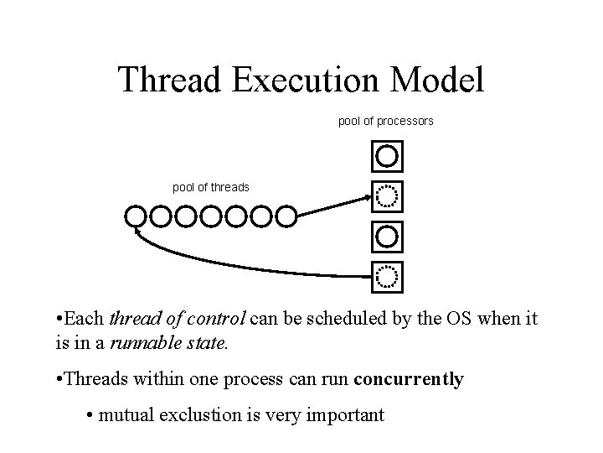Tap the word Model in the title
(441, 81)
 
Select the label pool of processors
(385, 122)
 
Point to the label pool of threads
(210, 186)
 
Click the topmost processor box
(386, 155)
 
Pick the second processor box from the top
(386, 196)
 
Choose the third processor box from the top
(386, 236)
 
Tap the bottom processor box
(386, 274)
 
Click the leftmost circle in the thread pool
(136, 216)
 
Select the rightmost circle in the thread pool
(286, 216)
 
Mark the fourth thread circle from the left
(211, 216)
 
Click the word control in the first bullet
(217, 319)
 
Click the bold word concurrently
(409, 379)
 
